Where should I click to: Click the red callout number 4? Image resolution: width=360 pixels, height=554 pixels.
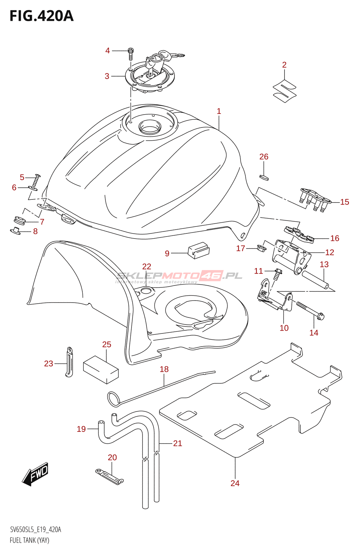tap(107, 51)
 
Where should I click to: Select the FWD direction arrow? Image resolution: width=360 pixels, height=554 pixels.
tap(35, 474)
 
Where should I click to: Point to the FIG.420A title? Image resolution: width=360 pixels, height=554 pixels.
tap(42, 16)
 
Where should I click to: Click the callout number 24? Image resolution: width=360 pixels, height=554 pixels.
tap(235, 483)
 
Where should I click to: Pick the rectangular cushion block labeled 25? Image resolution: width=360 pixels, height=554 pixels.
tap(101, 370)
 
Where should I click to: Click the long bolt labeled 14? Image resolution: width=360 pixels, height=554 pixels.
tap(310, 310)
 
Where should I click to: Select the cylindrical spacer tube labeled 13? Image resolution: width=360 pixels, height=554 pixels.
tap(316, 279)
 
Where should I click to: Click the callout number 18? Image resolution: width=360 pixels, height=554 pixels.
tap(164, 369)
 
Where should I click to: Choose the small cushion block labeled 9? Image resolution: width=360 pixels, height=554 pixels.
tap(199, 250)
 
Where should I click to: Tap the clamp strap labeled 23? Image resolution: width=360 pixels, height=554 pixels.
tap(69, 362)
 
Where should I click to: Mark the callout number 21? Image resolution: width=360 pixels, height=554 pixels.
tap(177, 443)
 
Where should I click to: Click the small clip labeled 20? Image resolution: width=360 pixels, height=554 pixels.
tap(109, 476)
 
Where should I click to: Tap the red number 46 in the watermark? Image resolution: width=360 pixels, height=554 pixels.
tap(212, 275)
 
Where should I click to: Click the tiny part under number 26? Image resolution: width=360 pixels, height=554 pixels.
tap(264, 177)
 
